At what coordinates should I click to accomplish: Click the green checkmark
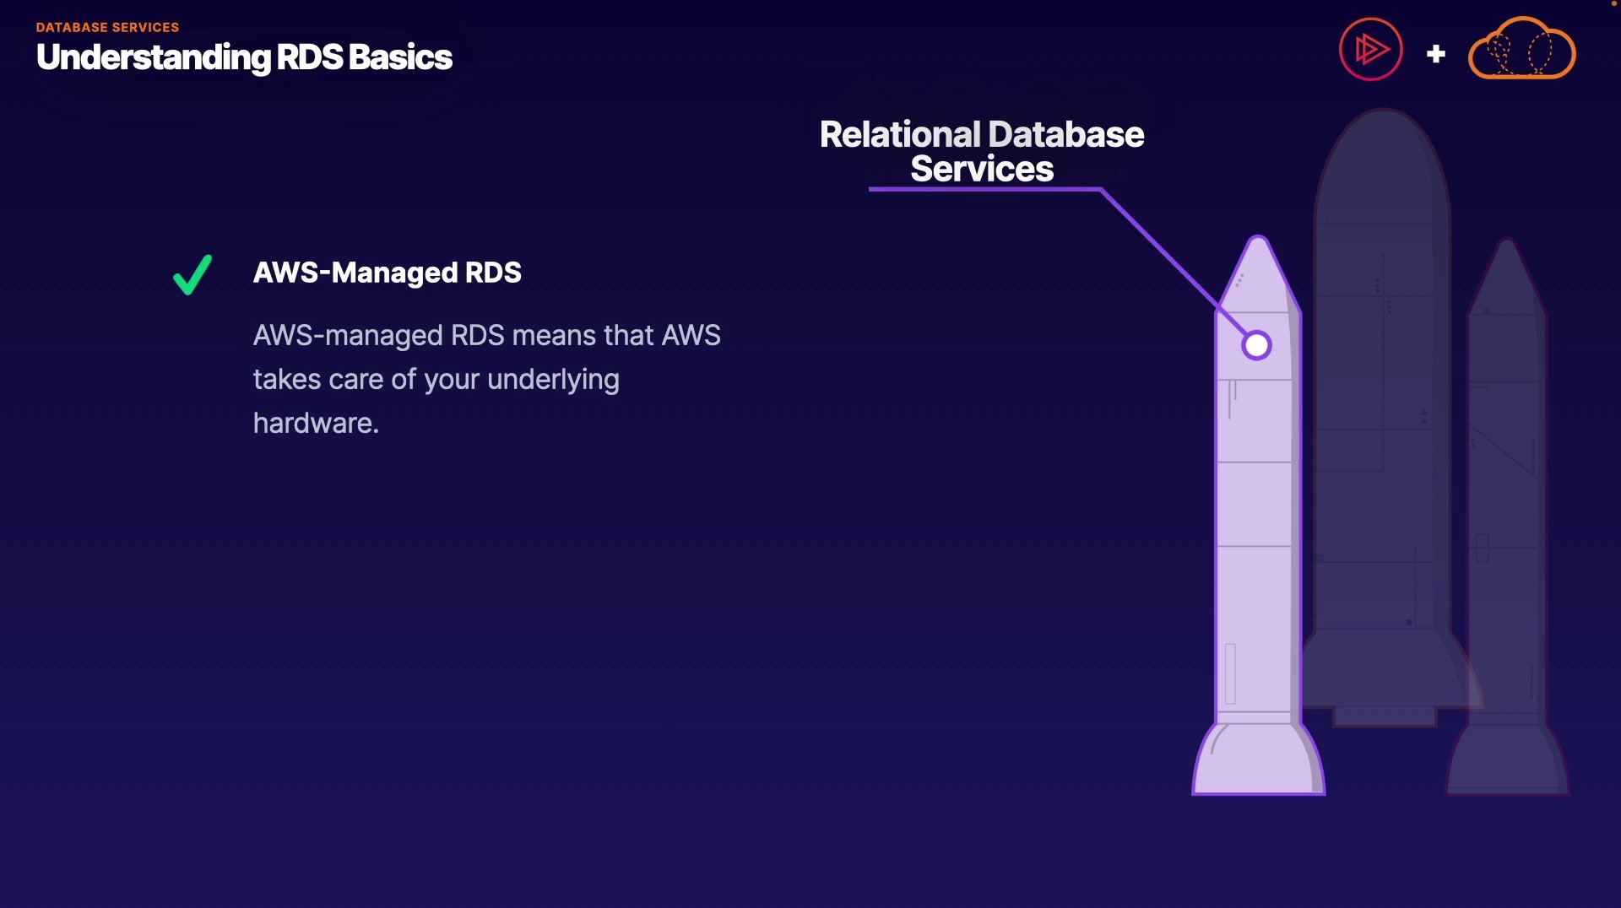click(192, 275)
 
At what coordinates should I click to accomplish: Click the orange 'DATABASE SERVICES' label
click(107, 27)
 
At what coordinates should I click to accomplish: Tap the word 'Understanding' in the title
click(154, 57)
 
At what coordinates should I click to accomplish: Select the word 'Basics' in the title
click(400, 57)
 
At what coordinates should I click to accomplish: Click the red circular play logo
click(1370, 50)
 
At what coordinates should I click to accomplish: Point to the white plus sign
click(1435, 54)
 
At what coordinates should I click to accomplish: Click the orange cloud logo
click(1521, 51)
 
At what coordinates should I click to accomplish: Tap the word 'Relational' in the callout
click(900, 135)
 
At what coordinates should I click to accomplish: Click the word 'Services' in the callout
click(982, 170)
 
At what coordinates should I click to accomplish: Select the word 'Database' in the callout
click(1065, 135)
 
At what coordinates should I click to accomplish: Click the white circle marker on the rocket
click(1256, 345)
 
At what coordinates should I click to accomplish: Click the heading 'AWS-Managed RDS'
click(387, 273)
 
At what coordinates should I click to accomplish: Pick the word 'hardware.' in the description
click(316, 423)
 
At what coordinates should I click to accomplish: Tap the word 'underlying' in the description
click(553, 380)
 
